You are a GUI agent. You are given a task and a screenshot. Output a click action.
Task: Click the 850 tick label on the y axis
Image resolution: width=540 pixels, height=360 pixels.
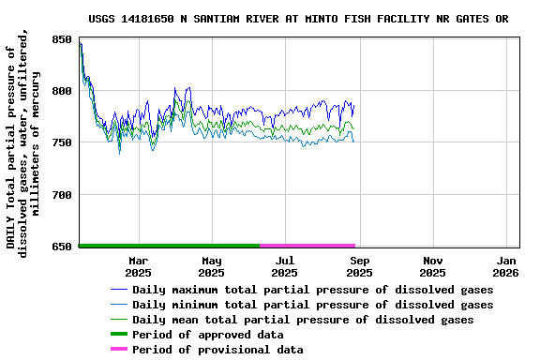(x=61, y=39)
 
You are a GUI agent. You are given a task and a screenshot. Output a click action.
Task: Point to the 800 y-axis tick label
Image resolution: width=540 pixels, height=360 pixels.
(x=61, y=91)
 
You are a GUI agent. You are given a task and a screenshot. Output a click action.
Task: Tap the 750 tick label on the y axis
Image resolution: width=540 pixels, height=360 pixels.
(x=61, y=142)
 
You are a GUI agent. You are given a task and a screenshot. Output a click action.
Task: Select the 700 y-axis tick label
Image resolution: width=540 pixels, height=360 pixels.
(x=61, y=195)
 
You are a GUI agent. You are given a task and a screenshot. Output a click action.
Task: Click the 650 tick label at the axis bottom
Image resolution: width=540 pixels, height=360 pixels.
(x=61, y=247)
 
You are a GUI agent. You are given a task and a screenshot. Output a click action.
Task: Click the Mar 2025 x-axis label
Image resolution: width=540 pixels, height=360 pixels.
(x=138, y=266)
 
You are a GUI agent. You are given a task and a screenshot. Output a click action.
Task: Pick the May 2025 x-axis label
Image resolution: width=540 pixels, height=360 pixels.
(x=212, y=266)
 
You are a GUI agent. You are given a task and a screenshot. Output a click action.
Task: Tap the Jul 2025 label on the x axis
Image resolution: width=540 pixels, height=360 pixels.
(x=285, y=266)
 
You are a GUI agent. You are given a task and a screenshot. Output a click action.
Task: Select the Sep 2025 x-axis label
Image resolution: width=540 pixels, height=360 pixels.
(x=359, y=266)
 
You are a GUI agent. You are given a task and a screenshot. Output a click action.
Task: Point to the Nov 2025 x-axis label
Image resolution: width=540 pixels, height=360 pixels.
(x=432, y=266)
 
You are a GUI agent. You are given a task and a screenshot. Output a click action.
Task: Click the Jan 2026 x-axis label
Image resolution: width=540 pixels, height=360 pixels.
(x=506, y=266)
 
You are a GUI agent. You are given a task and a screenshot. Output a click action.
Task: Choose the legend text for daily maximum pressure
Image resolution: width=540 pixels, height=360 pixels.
(x=312, y=290)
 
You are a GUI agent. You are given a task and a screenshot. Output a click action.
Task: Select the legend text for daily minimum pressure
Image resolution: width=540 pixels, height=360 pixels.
(x=312, y=305)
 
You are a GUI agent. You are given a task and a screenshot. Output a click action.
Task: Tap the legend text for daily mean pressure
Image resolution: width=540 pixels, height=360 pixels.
(x=303, y=320)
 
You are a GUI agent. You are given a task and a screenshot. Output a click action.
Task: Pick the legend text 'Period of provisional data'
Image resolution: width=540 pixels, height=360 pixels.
(x=217, y=350)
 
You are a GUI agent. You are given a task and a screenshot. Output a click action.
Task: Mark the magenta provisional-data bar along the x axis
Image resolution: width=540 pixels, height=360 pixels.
(x=307, y=245)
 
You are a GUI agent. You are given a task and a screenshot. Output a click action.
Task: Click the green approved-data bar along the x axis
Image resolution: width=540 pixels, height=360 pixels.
(x=170, y=245)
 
